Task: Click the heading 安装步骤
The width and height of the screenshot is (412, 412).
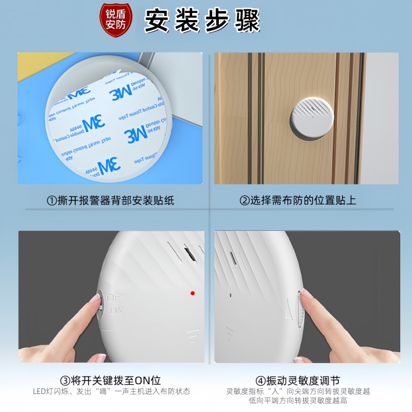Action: [202, 21]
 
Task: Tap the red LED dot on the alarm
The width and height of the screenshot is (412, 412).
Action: [192, 293]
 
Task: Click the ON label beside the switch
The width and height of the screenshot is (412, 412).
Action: [116, 310]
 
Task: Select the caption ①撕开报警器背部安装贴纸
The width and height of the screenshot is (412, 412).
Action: [110, 200]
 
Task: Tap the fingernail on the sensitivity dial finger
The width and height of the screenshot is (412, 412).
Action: [307, 295]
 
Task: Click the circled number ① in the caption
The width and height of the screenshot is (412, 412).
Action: [51, 200]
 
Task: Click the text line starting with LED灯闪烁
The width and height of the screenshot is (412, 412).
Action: [111, 391]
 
